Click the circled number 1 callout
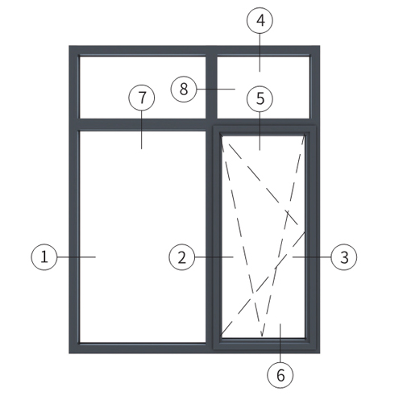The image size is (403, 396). point(44,257)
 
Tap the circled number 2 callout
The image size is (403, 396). point(182,257)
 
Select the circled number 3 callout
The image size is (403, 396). point(344,257)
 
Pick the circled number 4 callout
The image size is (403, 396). point(260,20)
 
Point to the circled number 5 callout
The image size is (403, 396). point(260,98)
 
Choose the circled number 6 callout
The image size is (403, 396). point(280,375)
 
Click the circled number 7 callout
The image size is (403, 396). point(142,98)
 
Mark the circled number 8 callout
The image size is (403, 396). point(184,89)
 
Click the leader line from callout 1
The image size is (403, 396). point(77,257)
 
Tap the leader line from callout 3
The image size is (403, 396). point(312,257)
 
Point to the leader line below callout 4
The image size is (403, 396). point(260,52)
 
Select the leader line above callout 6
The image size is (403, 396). point(280,343)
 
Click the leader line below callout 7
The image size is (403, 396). point(142,130)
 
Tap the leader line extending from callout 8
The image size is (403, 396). point(216,89)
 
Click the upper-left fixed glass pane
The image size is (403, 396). point(143,87)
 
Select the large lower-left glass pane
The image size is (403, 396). point(143,236)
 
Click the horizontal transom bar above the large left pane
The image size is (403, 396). point(143,125)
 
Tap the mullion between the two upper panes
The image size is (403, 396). point(211,87)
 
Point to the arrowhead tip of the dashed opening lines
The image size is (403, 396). point(262,336)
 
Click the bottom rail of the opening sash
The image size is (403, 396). point(264,344)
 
